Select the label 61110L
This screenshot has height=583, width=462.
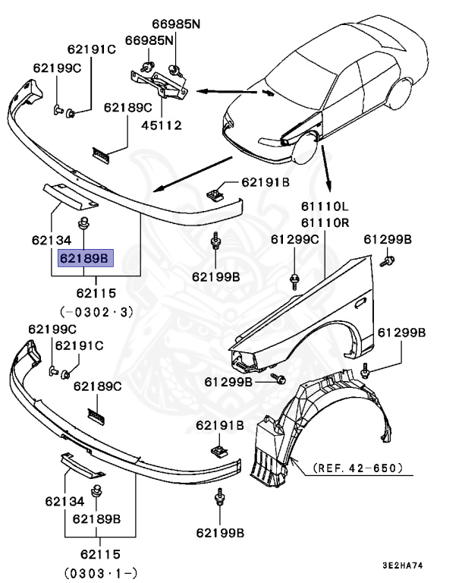point(324,206)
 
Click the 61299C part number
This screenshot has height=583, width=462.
point(295,239)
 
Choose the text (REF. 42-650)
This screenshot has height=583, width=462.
point(357,468)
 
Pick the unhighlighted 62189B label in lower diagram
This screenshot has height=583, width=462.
point(97,519)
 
